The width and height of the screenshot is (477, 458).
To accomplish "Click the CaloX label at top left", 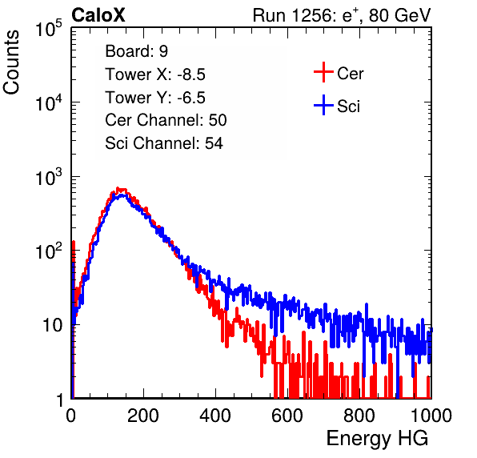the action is [x=98, y=15].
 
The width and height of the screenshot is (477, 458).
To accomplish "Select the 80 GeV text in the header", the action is [x=400, y=15].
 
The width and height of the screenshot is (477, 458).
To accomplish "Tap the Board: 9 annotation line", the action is [x=136, y=51].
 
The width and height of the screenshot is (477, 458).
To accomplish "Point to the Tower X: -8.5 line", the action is [x=155, y=74].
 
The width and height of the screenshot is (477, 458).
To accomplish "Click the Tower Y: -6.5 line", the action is [x=155, y=98].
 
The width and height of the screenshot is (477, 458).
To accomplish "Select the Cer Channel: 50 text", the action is [x=166, y=120].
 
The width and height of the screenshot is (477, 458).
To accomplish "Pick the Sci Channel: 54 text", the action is [x=164, y=143].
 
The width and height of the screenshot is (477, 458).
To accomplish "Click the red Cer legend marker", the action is [x=323, y=72].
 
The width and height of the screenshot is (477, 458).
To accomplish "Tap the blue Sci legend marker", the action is [x=323, y=106].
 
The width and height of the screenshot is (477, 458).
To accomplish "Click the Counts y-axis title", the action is [x=11, y=62].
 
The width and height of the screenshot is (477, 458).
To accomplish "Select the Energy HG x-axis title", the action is [x=377, y=439].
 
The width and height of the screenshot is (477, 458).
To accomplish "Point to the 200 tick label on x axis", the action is [x=143, y=416].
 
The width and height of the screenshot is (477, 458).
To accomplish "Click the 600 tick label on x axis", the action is [x=287, y=416].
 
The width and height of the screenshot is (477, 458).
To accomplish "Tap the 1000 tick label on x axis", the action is [x=431, y=416].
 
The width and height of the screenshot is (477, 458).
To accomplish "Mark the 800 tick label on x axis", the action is [x=359, y=416].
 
